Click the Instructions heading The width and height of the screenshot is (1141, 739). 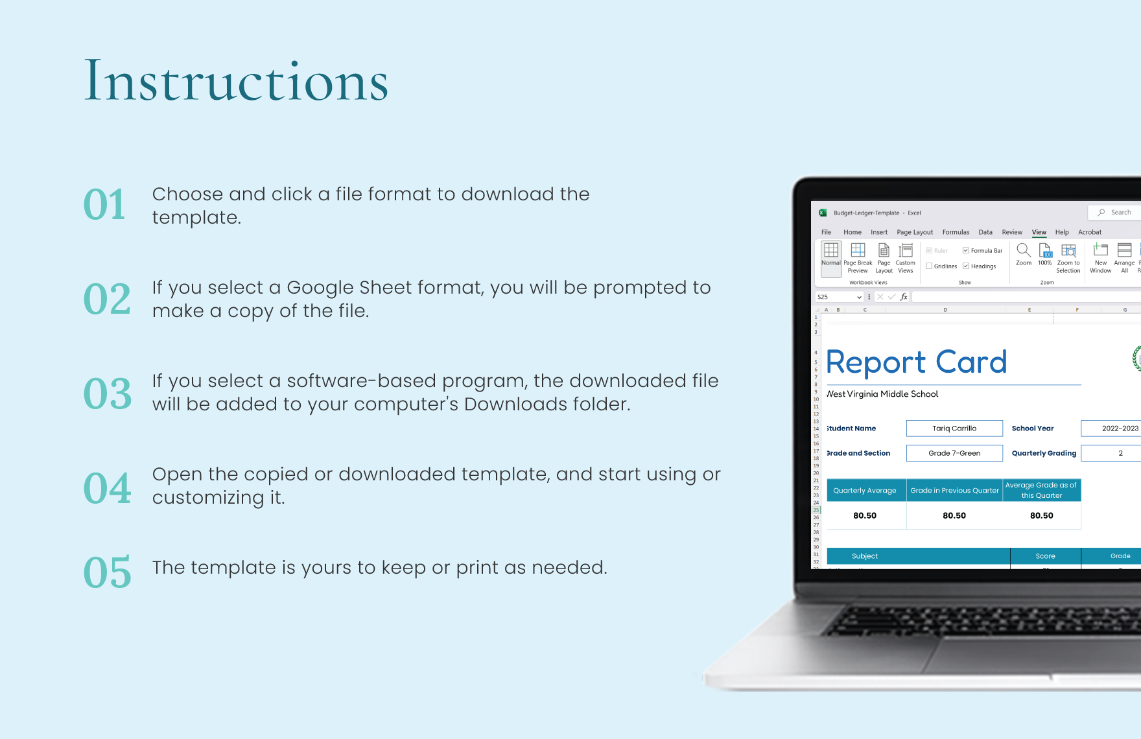pyautogui.click(x=236, y=81)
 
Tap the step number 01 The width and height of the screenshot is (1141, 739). pyautogui.click(x=105, y=205)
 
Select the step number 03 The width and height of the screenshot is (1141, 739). pyautogui.click(x=108, y=393)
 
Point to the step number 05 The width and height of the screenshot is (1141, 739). pyautogui.click(x=108, y=572)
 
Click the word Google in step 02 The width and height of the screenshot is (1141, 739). pyautogui.click(x=320, y=288)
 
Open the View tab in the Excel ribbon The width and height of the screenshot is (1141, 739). pyautogui.click(x=1039, y=232)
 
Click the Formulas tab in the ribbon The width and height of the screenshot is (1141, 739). pyautogui.click(x=956, y=232)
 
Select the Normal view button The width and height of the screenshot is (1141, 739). pyautogui.click(x=831, y=257)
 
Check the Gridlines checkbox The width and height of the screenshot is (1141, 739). pyautogui.click(x=929, y=266)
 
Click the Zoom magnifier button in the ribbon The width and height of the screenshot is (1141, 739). pyautogui.click(x=1024, y=253)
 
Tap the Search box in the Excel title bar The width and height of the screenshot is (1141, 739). pyautogui.click(x=1116, y=213)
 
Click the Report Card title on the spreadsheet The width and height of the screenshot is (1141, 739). pyautogui.click(x=916, y=362)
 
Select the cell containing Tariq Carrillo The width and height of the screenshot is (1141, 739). pyautogui.click(x=954, y=428)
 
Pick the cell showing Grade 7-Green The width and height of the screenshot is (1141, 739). pyautogui.click(x=954, y=453)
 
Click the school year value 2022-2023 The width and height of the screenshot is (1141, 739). pyautogui.click(x=1119, y=428)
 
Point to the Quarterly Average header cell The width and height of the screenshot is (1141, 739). pyautogui.click(x=865, y=491)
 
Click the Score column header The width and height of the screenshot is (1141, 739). pyautogui.click(x=1045, y=556)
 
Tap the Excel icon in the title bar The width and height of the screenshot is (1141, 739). pyautogui.click(x=823, y=213)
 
